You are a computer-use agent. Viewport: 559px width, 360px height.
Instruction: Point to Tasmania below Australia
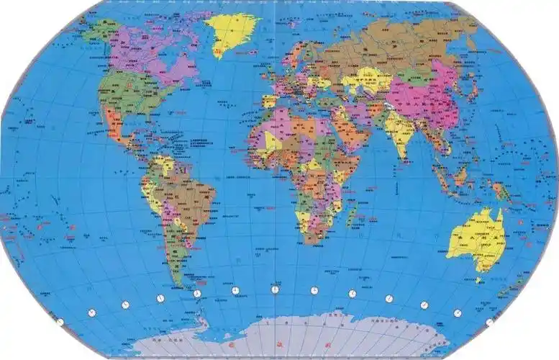[x=479, y=279]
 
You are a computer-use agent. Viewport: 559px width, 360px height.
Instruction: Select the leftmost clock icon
[x=60, y=322]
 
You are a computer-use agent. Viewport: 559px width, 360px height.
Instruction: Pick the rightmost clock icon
[x=490, y=322]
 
